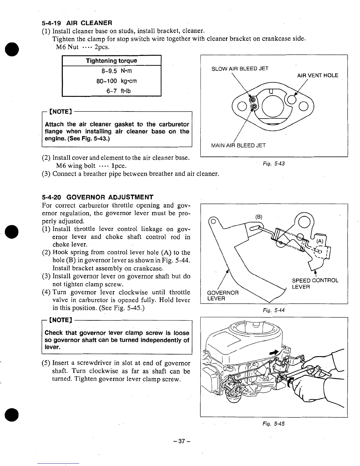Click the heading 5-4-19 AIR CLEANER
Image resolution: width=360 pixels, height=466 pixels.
point(77,23)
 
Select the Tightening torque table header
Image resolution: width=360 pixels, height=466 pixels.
point(111,61)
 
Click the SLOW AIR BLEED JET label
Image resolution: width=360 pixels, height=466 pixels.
point(240,69)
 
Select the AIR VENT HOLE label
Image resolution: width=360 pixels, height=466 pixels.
point(317,75)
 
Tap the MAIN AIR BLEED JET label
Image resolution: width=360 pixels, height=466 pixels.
point(238,145)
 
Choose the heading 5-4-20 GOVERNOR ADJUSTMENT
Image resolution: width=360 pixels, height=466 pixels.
point(98,197)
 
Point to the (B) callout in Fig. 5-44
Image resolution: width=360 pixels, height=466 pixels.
point(259,217)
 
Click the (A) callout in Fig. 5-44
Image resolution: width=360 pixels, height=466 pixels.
point(320,241)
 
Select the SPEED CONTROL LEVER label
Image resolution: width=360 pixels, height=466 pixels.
point(315,283)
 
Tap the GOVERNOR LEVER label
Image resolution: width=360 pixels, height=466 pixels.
point(223,296)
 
